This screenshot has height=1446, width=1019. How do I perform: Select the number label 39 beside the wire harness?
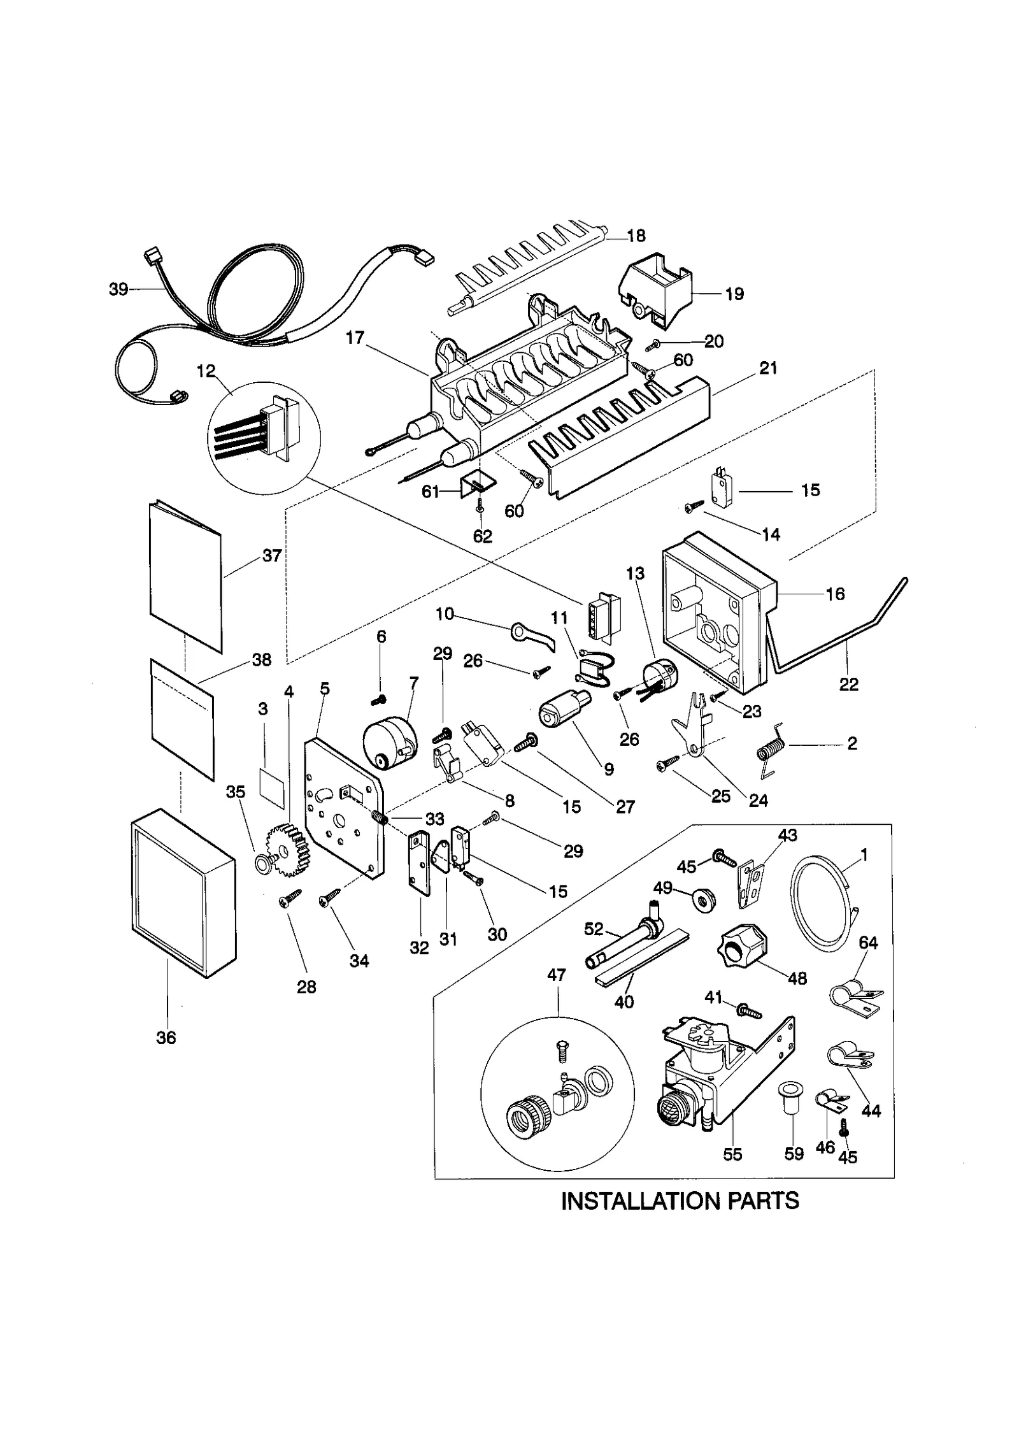click(118, 289)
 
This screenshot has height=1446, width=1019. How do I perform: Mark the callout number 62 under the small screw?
click(482, 536)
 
